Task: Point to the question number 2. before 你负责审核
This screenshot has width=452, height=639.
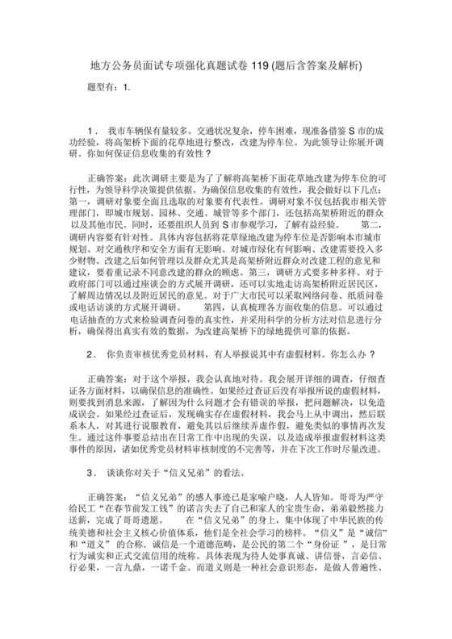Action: point(91,354)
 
